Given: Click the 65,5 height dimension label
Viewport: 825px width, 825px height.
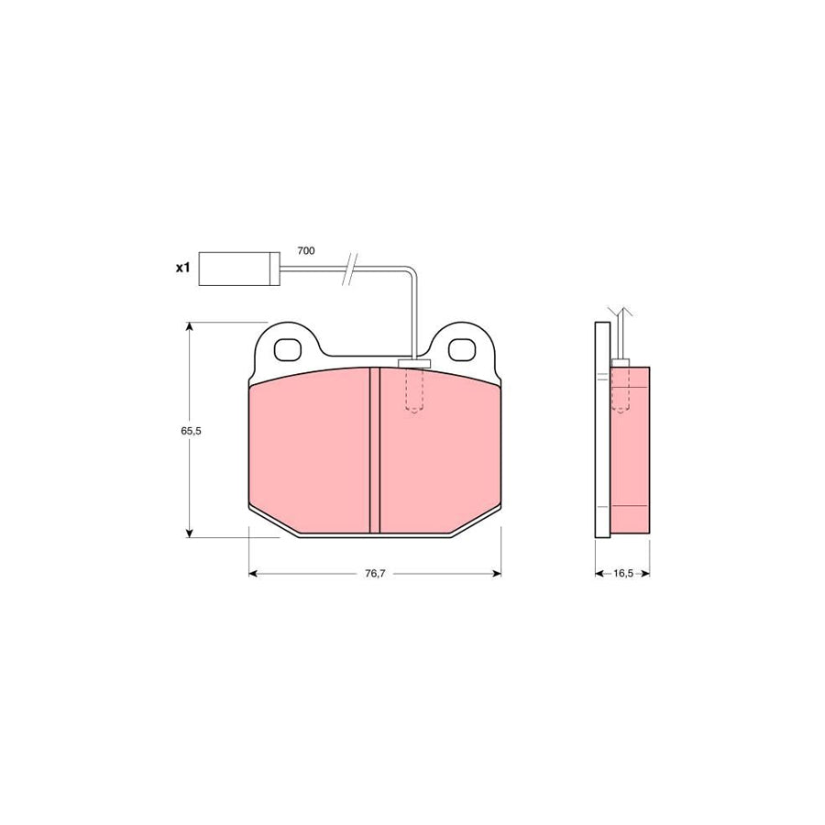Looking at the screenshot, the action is tap(191, 431).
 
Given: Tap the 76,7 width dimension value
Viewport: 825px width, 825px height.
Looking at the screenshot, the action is tap(375, 574).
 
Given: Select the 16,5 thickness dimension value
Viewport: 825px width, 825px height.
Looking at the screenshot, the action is tap(622, 574).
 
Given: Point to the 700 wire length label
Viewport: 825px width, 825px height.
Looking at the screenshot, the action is tap(305, 251).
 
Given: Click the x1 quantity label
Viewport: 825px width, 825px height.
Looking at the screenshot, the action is tap(182, 269).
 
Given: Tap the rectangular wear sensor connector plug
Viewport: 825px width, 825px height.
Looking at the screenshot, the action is tap(239, 269).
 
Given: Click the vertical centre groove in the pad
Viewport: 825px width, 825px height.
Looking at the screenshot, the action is tap(374, 450).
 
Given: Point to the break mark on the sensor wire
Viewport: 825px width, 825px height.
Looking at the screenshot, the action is tap(350, 269).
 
